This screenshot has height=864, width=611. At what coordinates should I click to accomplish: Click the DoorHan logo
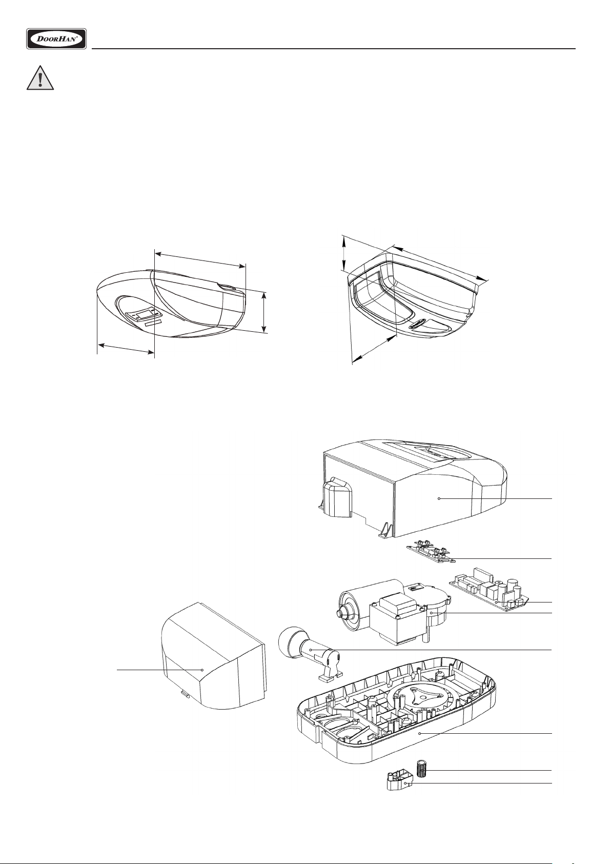pos(56,38)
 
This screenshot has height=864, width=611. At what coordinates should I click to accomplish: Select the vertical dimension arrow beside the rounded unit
pos(264,312)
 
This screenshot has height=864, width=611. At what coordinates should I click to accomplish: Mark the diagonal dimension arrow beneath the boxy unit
pos(374,349)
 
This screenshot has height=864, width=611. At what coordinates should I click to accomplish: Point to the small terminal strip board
pos(432,553)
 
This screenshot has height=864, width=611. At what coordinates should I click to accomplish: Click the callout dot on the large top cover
pos(439,499)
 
